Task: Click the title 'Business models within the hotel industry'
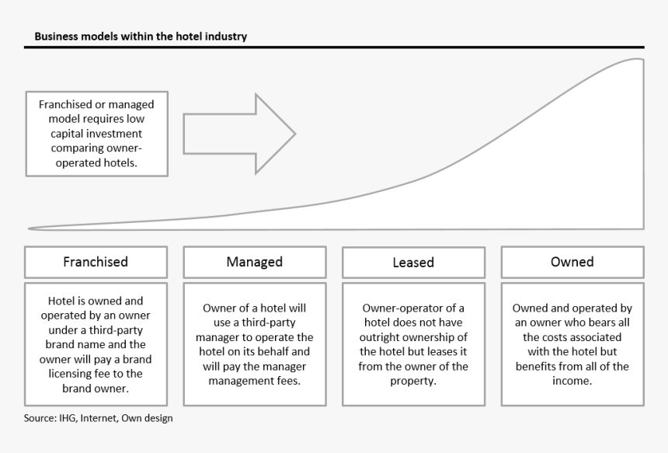click(x=141, y=37)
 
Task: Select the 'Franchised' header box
click(x=96, y=262)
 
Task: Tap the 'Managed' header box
click(x=254, y=262)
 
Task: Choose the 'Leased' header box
click(x=413, y=263)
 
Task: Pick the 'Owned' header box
click(x=572, y=262)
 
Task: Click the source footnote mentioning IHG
click(x=98, y=419)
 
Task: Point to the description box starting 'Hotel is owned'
click(x=96, y=344)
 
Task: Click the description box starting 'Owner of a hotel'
click(x=254, y=344)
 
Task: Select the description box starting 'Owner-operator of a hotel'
click(x=413, y=344)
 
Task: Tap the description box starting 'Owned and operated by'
click(x=572, y=344)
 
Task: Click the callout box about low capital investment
click(x=96, y=134)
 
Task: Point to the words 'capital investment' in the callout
click(x=96, y=134)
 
